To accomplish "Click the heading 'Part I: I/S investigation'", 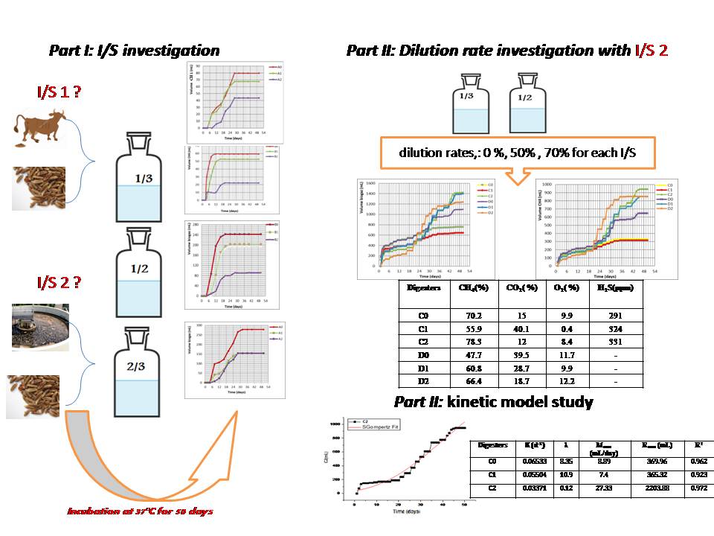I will [x=134, y=51].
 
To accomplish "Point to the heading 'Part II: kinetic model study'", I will [x=493, y=403].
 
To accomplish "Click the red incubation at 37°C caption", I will [x=141, y=511].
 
